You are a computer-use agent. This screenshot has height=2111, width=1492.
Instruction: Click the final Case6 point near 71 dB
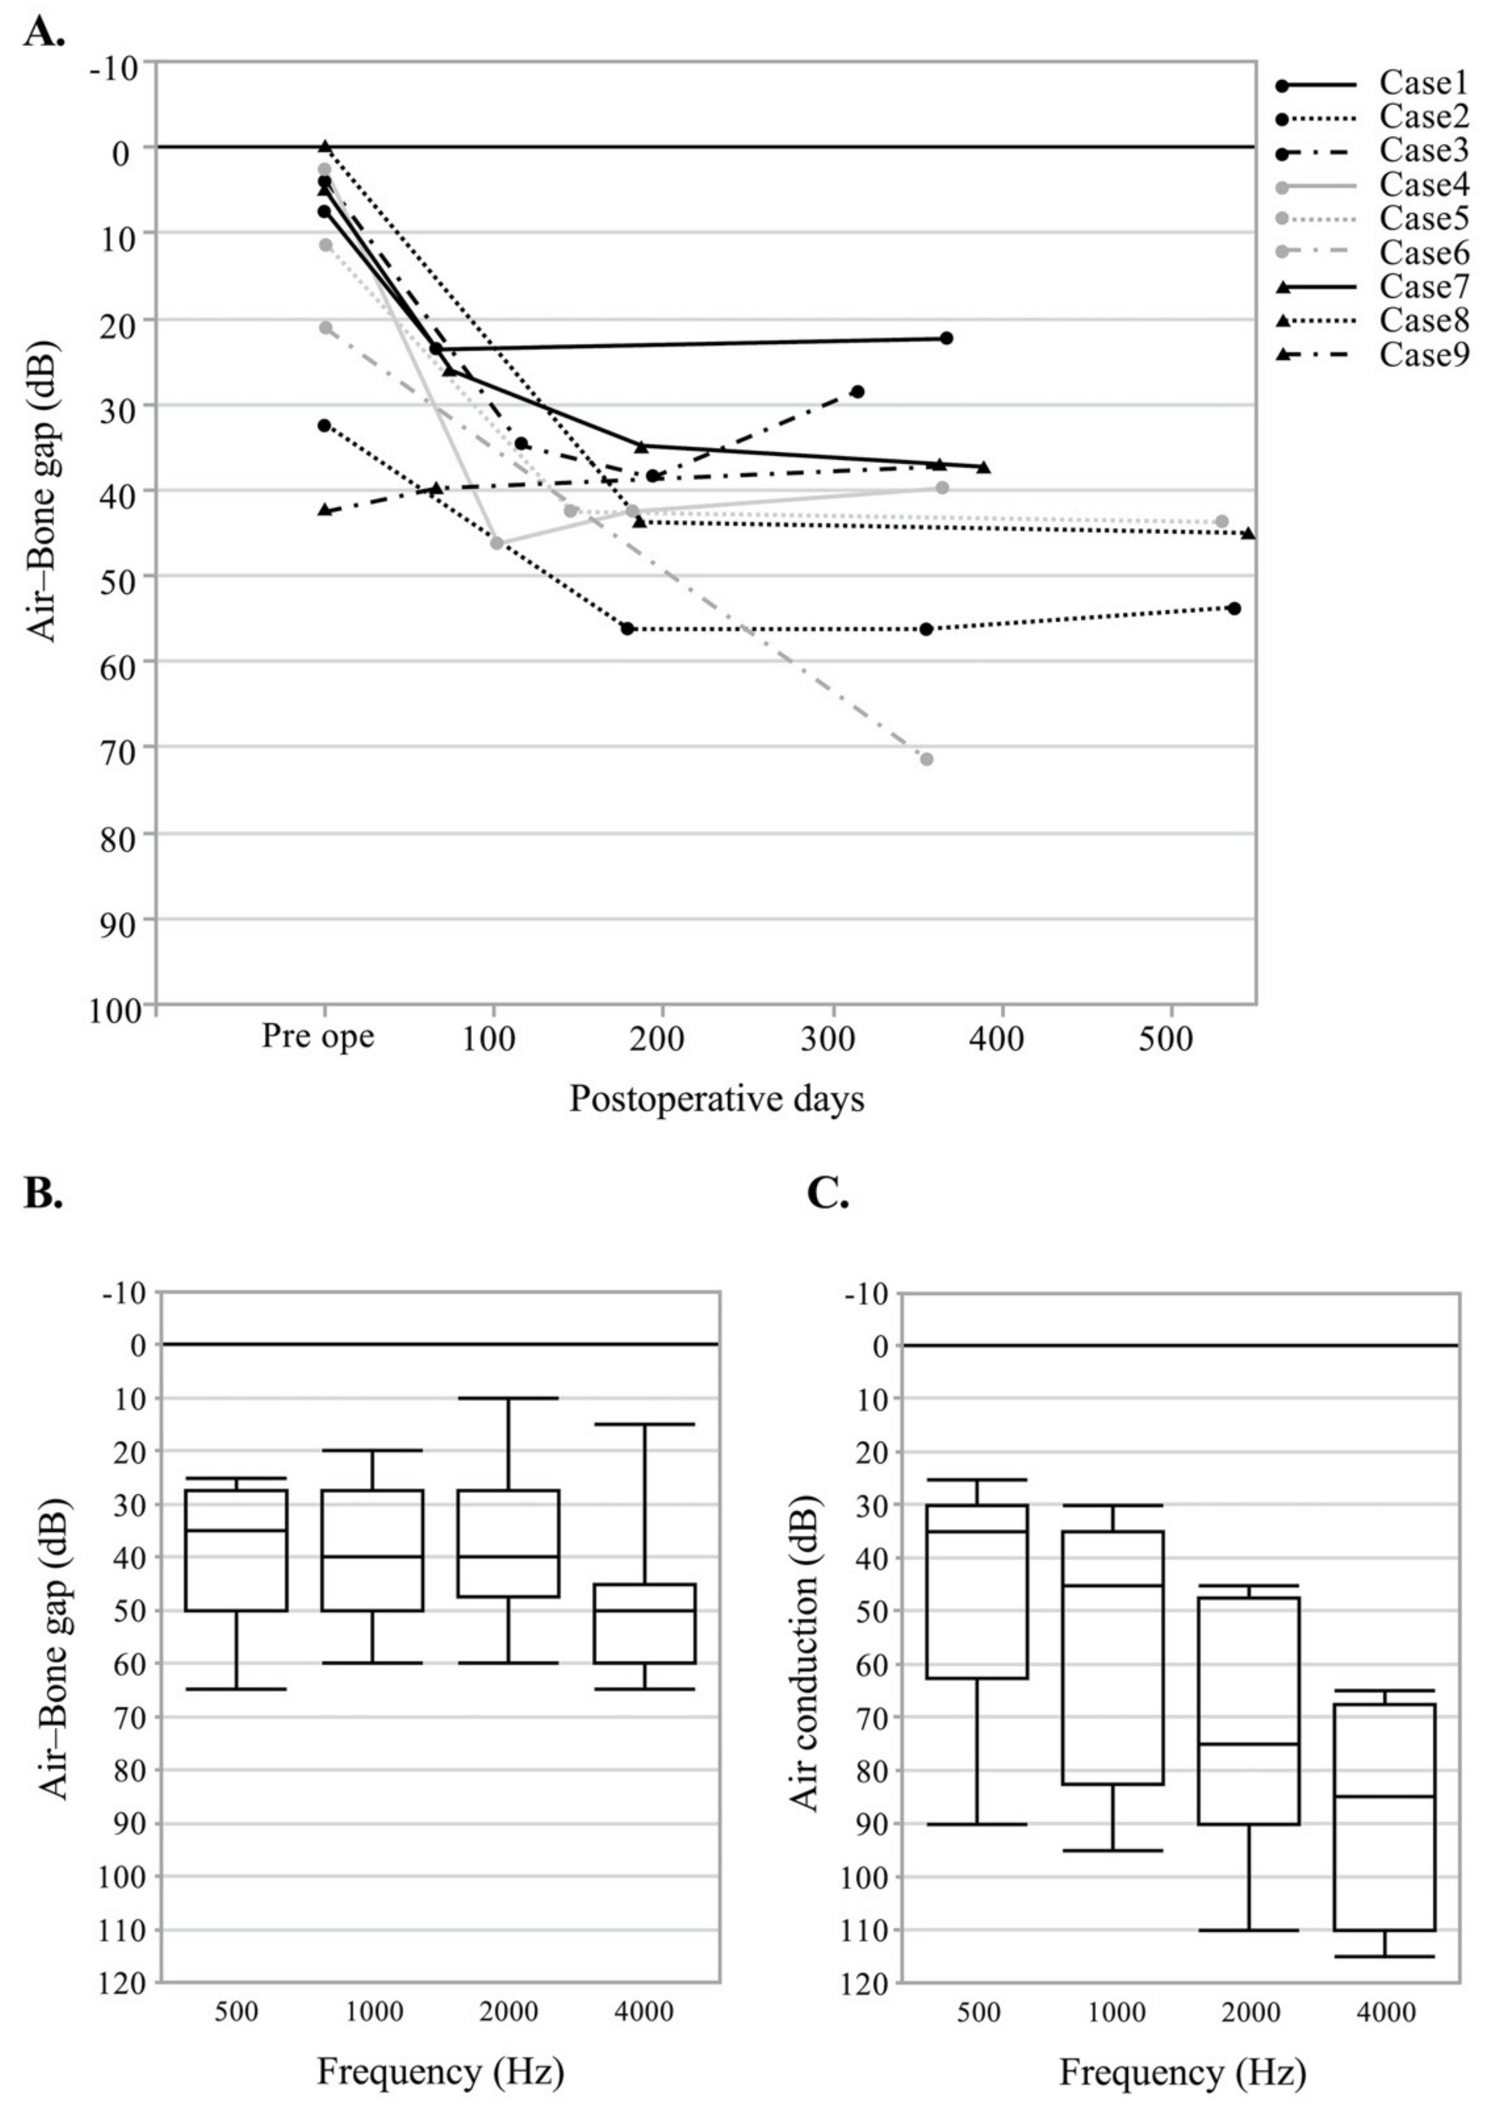[x=927, y=758]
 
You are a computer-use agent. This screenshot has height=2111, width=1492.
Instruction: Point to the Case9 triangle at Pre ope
[x=324, y=509]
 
